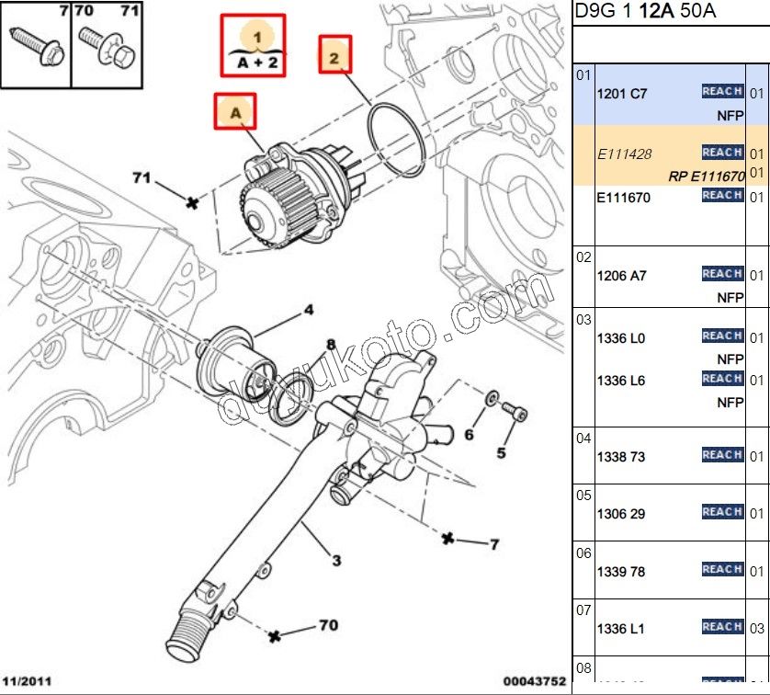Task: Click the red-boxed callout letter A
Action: [x=235, y=112]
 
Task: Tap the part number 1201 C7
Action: [x=622, y=94]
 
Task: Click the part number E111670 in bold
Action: [x=626, y=197]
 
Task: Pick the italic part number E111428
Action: [x=625, y=154]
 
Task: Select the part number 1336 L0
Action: [x=622, y=338]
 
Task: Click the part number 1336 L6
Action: [x=622, y=381]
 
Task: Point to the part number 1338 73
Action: [x=621, y=457]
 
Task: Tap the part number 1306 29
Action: [x=621, y=514]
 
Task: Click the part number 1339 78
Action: [x=621, y=572]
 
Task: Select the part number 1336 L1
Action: [x=621, y=629]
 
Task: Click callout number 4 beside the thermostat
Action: [x=309, y=310]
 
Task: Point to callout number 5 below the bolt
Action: [x=502, y=452]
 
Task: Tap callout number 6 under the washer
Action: [x=469, y=434]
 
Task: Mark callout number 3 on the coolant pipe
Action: [x=336, y=561]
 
